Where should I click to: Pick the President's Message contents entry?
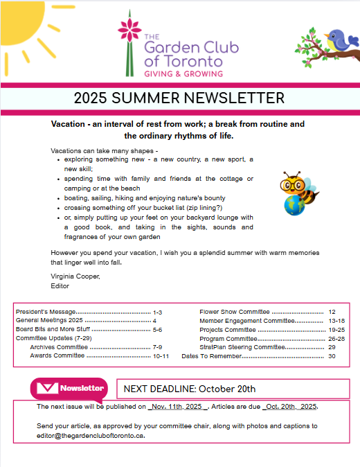click(x=46, y=312)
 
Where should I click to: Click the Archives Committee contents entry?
click(x=59, y=346)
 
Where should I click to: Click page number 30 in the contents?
click(x=332, y=355)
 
